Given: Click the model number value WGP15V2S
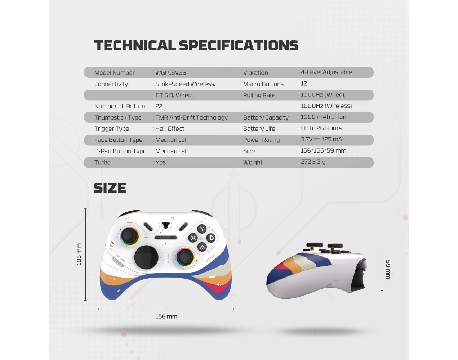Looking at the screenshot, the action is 171,73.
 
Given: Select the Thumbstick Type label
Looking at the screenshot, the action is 118,118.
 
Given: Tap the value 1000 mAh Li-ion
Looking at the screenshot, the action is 324,117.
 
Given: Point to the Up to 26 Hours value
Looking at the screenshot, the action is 321,128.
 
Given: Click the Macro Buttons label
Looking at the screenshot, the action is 263,84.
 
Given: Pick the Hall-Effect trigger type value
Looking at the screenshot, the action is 170,129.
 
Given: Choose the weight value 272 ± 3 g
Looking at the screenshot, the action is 313,162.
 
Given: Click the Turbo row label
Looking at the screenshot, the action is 102,162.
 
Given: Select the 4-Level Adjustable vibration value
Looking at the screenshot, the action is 326,72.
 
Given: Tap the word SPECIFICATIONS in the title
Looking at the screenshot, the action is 239,45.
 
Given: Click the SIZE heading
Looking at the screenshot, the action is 110,188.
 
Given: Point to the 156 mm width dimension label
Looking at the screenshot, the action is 166,316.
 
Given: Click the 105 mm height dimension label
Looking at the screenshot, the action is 79,254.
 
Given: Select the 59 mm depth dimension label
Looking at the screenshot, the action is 388,269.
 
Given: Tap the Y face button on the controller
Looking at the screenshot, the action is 202,229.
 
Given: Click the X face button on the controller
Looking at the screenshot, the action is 193,238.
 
